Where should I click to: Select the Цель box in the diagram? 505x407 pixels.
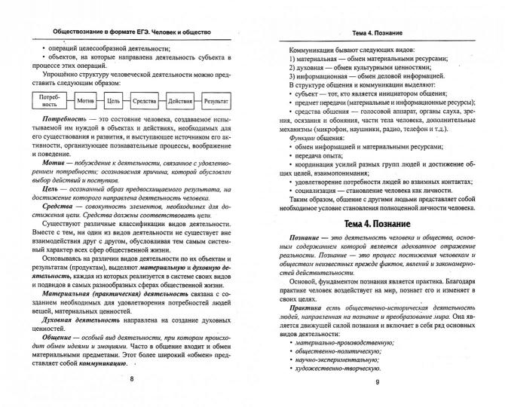point(115,99)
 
